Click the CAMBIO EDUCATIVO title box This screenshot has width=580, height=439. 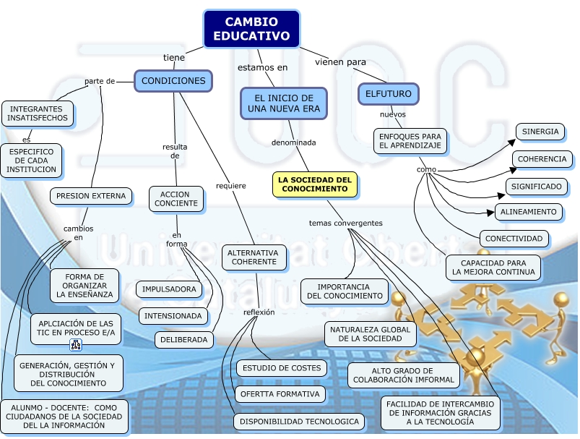point(251,29)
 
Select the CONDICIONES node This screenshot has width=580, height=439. point(173,81)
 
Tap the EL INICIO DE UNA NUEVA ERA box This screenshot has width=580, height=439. point(284,103)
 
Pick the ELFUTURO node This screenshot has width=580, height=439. point(389,94)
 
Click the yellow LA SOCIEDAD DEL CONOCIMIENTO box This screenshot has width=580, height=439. point(315,184)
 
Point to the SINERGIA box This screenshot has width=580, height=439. point(540,132)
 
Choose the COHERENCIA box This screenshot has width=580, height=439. point(542,159)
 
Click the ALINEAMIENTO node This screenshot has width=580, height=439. point(529,212)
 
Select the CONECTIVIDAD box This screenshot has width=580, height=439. point(514,239)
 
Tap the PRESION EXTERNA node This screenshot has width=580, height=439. point(91,195)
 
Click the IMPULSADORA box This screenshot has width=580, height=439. point(169,289)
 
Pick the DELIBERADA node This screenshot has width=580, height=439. point(184,339)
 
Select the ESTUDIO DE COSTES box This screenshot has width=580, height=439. point(281,368)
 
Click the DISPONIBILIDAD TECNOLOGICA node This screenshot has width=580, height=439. point(299,422)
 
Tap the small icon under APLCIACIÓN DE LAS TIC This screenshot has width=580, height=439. point(75,344)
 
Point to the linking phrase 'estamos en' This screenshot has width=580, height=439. point(263,67)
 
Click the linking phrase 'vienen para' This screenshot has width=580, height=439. point(340,61)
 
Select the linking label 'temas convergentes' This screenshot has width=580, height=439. point(345,223)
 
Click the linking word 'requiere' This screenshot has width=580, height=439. point(231,186)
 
